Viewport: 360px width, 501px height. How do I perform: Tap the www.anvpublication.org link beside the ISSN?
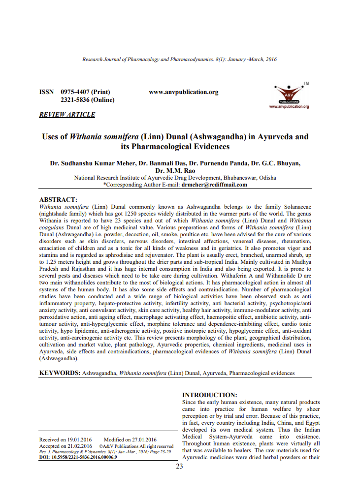(x=183, y=92)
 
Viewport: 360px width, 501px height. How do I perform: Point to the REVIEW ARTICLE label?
(x=67, y=115)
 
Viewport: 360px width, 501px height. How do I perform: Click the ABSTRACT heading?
(x=58, y=199)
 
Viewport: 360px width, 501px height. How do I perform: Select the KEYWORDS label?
(x=60, y=373)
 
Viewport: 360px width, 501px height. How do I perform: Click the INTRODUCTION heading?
(x=210, y=395)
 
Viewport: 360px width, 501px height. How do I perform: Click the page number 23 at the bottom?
(x=179, y=466)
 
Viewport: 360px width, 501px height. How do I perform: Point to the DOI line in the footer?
(x=78, y=457)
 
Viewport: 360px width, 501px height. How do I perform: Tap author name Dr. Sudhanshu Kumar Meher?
(x=91, y=163)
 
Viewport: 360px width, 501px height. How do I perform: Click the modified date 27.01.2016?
(x=143, y=439)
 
